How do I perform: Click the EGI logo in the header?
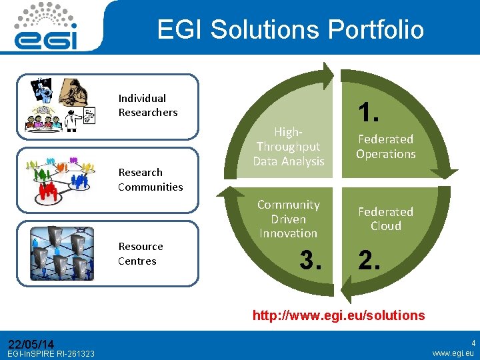pyautogui.click(x=46, y=27)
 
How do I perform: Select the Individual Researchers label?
pyautogui.click(x=148, y=105)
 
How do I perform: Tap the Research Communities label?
pyautogui.click(x=150, y=179)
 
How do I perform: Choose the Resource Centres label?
pyautogui.click(x=141, y=253)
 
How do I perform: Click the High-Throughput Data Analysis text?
pyautogui.click(x=289, y=147)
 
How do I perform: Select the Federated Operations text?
pyautogui.click(x=385, y=147)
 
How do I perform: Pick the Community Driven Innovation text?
pyautogui.click(x=289, y=219)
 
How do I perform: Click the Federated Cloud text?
pyautogui.click(x=385, y=219)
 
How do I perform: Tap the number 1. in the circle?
pyautogui.click(x=369, y=112)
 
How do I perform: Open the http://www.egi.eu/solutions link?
pyautogui.click(x=338, y=315)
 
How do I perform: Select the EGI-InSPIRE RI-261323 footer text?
pyautogui.click(x=51, y=353)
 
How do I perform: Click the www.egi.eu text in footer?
pyautogui.click(x=453, y=353)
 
